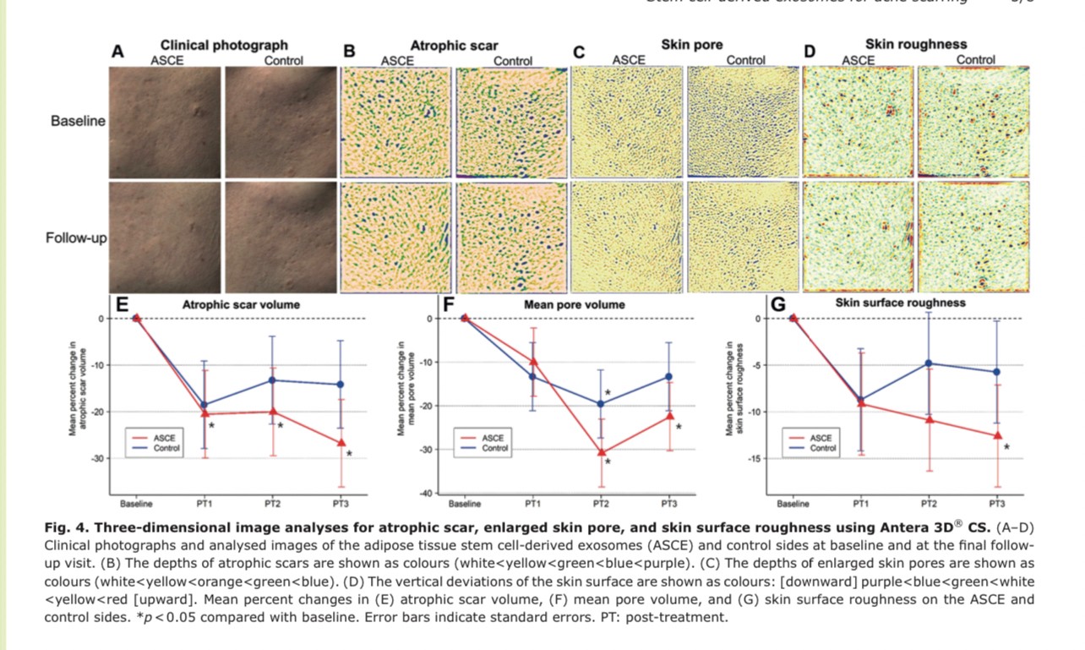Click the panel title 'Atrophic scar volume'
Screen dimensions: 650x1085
[241, 305]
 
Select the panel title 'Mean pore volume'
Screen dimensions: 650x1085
[570, 305]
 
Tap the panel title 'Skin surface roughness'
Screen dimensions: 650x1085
[900, 302]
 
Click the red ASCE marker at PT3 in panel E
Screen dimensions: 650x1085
[341, 442]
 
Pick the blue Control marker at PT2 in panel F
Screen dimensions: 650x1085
[601, 404]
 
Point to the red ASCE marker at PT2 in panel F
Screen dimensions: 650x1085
[601, 452]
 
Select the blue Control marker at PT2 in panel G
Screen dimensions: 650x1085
[929, 363]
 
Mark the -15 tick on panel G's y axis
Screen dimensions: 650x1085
[756, 458]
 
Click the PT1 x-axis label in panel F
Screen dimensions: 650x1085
[532, 504]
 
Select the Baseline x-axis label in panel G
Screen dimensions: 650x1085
[793, 504]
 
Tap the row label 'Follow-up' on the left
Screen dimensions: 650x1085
[76, 238]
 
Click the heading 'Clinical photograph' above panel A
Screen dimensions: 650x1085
[224, 45]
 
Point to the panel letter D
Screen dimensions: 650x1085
[810, 52]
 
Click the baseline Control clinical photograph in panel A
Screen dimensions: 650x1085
[278, 122]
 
